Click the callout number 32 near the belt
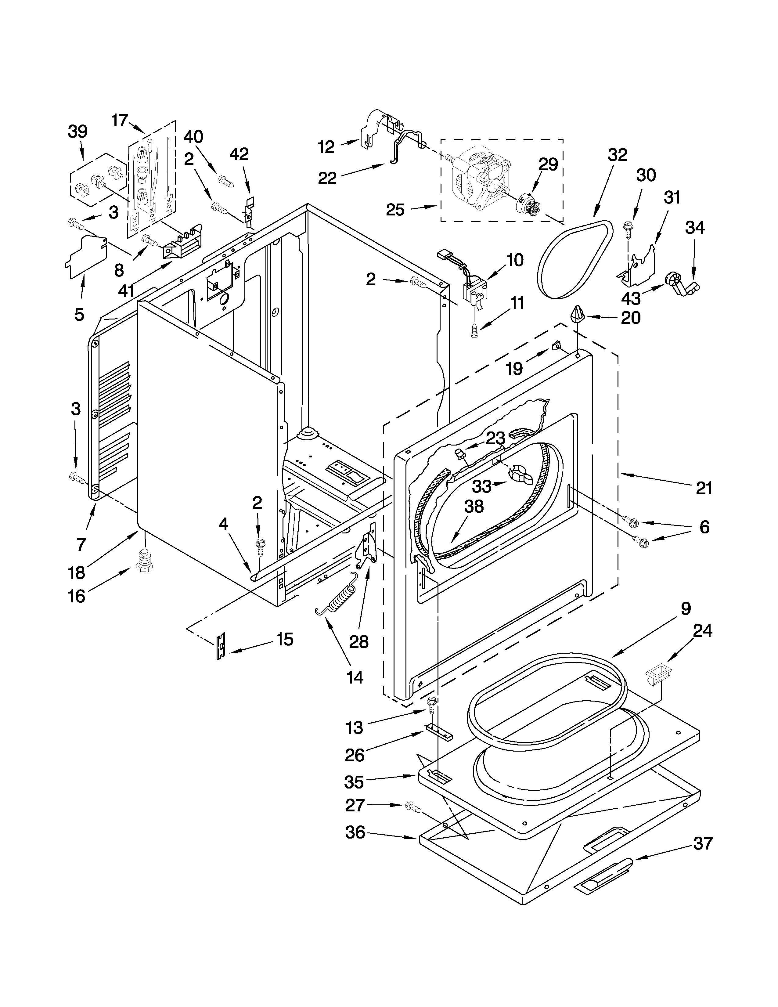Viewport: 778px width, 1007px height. (618, 155)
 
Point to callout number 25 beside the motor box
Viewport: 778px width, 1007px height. (395, 210)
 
